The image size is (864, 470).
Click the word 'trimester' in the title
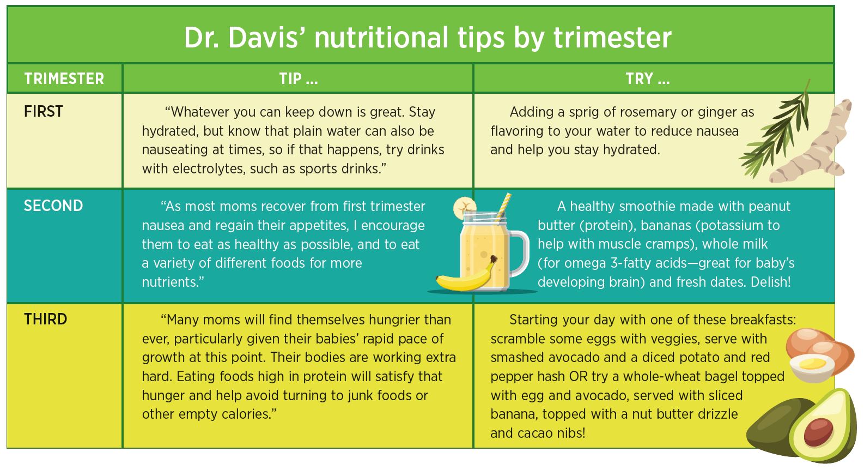tap(612, 38)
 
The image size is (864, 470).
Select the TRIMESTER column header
tap(64, 79)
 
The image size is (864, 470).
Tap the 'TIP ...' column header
tap(299, 79)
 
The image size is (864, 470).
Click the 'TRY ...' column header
tap(648, 79)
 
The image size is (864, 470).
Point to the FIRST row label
tap(43, 111)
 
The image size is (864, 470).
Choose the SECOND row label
tap(53, 206)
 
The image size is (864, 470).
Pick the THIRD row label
tap(46, 319)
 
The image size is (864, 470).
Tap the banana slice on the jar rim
tap(464, 208)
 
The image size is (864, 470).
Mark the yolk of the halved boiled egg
tap(814, 364)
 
